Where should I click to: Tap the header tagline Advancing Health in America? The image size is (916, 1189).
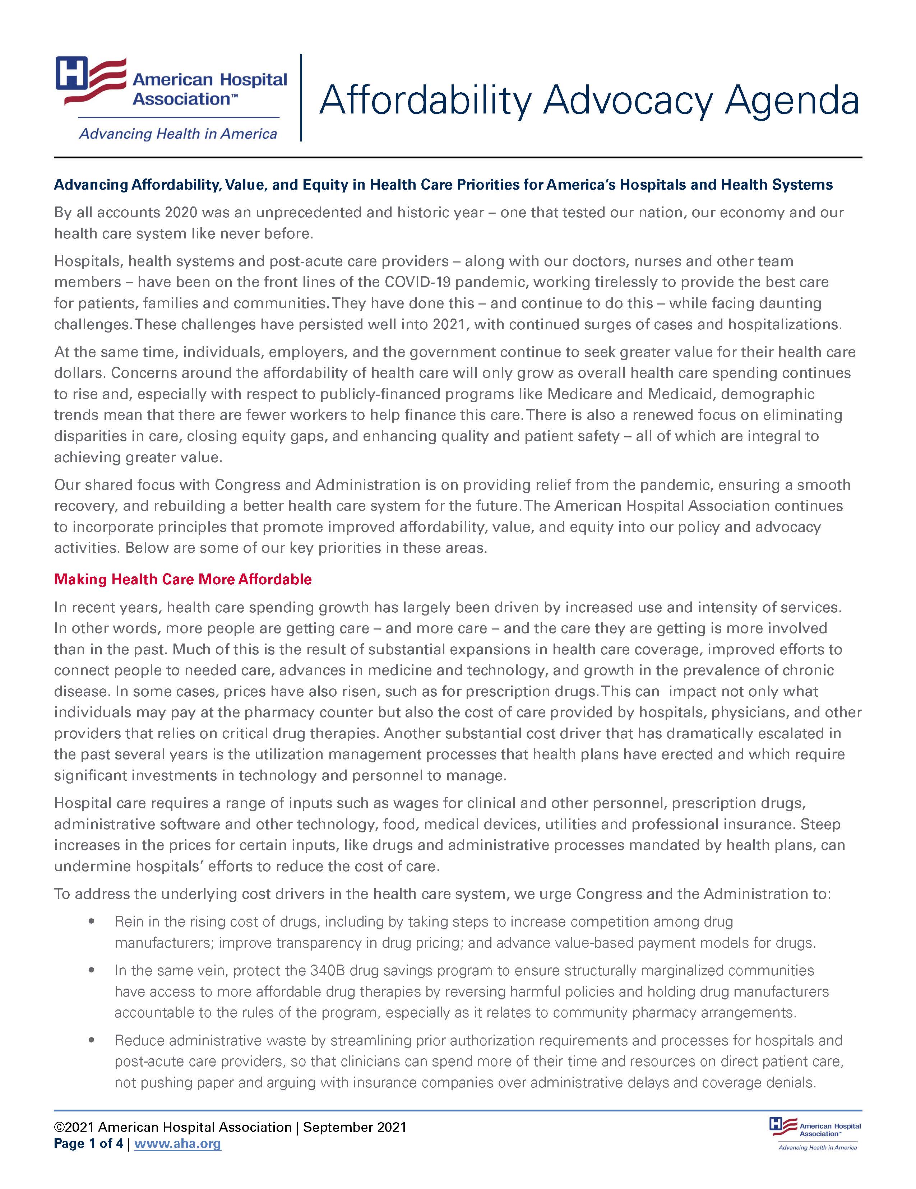pos(178,134)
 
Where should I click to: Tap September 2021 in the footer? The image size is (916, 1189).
pos(355,1127)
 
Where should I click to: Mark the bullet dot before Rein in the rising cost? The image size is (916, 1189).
pos(92,922)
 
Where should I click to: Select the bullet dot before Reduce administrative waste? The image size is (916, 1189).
pos(92,1040)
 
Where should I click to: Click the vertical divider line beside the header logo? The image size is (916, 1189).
pos(301,98)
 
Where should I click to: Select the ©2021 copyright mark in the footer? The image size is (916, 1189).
pos(74,1127)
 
